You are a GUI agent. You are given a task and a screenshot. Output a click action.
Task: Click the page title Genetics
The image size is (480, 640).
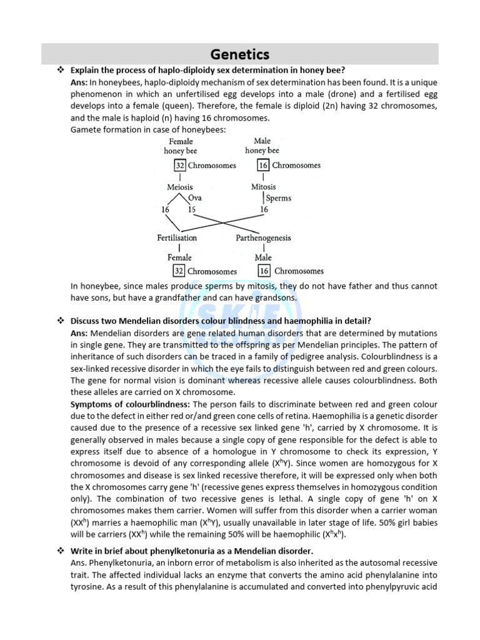tap(240, 54)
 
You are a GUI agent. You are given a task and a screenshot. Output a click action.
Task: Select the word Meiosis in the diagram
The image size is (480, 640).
tap(180, 187)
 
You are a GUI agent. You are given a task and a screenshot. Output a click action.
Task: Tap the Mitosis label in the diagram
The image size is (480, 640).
tap(264, 187)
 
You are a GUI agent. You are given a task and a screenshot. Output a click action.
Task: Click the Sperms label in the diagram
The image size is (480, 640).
tap(279, 198)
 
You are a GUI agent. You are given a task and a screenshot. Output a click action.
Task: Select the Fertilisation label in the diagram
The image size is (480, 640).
tap(177, 238)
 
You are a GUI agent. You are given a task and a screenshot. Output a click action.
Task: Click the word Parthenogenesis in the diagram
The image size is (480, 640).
tap(263, 238)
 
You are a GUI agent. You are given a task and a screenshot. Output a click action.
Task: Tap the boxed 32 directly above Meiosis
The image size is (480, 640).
tap(179, 166)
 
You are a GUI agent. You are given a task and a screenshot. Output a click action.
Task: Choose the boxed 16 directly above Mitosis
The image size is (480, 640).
tap(264, 166)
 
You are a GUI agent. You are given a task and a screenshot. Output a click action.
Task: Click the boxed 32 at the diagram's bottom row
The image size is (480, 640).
tap(179, 271)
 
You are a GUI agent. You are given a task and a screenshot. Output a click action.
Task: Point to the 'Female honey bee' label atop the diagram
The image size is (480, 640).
tap(181, 146)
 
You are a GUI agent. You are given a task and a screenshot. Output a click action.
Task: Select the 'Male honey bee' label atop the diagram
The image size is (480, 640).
tap(262, 146)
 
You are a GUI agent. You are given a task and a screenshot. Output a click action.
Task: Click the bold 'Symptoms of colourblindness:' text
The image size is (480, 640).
tap(121, 405)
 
